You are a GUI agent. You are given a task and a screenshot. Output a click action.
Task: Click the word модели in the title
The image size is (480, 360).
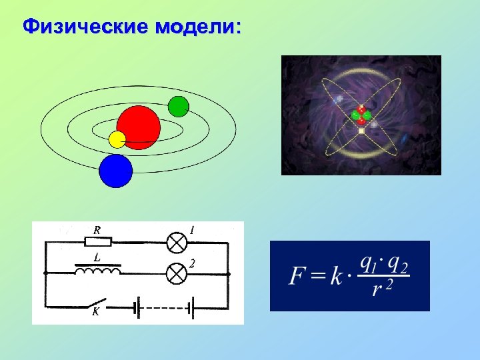pyautogui.click(x=198, y=27)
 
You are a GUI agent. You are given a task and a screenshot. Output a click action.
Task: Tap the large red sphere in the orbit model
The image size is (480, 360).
pyautogui.click(x=139, y=125)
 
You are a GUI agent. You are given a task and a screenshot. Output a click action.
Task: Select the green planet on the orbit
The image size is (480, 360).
pyautogui.click(x=179, y=106)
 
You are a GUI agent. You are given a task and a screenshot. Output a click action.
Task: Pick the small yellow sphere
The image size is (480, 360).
pyautogui.click(x=117, y=139)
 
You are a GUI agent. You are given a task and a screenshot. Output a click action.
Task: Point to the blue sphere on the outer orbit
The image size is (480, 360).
pyautogui.click(x=116, y=170)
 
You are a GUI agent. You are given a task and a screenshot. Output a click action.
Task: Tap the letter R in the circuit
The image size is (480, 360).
pyautogui.click(x=97, y=229)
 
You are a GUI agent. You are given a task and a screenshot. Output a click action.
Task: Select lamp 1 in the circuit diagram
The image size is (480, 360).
pyautogui.click(x=176, y=243)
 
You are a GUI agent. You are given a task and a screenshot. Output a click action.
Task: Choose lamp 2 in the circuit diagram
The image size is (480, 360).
pyautogui.click(x=176, y=273)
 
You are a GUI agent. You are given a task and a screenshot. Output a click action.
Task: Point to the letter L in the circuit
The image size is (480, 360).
pyautogui.click(x=97, y=257)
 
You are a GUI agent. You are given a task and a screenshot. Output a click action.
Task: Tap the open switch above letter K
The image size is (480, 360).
pyautogui.click(x=98, y=303)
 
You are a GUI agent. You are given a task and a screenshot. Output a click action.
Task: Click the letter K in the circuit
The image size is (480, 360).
pyautogui.click(x=95, y=315)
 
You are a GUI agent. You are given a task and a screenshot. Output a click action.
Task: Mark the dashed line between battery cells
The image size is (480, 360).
pyautogui.click(x=163, y=307)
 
